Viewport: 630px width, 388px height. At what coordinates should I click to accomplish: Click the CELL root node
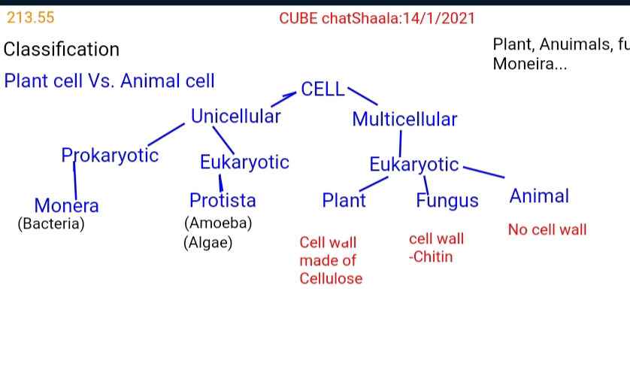[x=323, y=89]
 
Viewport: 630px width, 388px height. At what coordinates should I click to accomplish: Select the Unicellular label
[x=235, y=117]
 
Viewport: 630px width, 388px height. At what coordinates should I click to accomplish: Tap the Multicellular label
[x=404, y=119]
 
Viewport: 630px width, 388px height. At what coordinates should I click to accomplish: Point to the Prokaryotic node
[x=110, y=155]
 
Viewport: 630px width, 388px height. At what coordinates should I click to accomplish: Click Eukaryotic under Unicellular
[x=244, y=162]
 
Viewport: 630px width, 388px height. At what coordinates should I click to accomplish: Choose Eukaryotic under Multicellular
[x=413, y=165]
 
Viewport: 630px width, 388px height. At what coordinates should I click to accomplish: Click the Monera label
[x=66, y=205]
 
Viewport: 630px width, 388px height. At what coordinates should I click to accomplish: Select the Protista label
[x=223, y=200]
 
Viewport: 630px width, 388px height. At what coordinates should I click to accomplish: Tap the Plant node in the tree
[x=344, y=200]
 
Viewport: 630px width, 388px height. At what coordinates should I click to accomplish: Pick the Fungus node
[x=447, y=200]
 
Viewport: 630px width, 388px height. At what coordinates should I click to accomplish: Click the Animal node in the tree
[x=539, y=196]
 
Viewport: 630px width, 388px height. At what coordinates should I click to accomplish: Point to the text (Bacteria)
[x=51, y=223]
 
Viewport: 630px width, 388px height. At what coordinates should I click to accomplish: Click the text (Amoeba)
[x=218, y=223]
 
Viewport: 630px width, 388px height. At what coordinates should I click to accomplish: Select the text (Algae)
[x=207, y=243]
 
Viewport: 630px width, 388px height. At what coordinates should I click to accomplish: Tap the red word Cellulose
[x=331, y=278]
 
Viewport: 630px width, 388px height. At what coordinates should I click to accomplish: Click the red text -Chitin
[x=431, y=256]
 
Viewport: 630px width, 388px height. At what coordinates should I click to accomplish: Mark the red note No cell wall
[x=547, y=229]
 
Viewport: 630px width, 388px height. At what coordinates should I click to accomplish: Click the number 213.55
[x=31, y=17]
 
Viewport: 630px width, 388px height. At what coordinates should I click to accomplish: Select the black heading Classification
[x=62, y=50]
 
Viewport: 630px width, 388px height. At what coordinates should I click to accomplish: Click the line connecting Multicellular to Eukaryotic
[x=401, y=144]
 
